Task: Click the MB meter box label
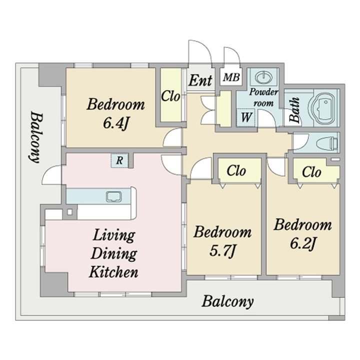point(231,77)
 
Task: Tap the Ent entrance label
point(200,80)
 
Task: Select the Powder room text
point(263,97)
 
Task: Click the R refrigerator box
point(119,160)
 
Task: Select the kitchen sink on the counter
point(114,197)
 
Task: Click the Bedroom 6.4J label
point(115,113)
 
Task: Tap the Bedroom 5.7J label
point(222,241)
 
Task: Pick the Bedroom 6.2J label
point(303,233)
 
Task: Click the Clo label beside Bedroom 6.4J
point(170,96)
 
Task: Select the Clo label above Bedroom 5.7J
point(236,170)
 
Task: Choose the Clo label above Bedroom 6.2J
point(311,171)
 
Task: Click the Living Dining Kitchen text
point(113,253)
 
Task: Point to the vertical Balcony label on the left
point(36,137)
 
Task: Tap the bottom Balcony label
point(228,301)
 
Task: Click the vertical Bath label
point(295,109)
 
